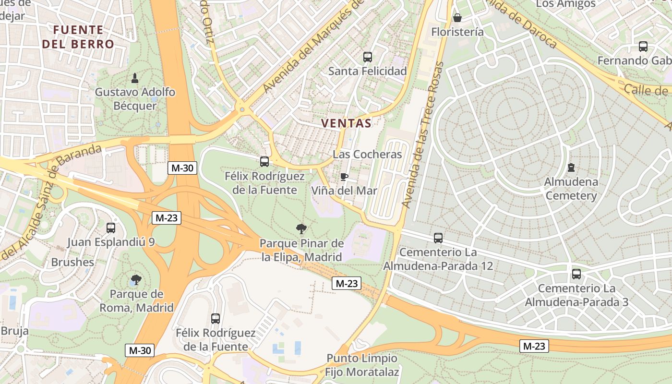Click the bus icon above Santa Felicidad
point(368,57)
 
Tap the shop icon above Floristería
point(457,18)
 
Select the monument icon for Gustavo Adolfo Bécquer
point(135,78)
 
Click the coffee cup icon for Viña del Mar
point(344,177)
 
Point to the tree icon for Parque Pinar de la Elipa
point(301,229)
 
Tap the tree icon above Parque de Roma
point(136,279)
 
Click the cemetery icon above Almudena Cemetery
point(571,168)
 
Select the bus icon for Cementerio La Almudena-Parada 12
point(438,238)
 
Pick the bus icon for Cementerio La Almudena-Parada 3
point(576,274)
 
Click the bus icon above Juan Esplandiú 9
point(111,228)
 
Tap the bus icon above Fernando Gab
point(643,47)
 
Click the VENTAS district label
point(346,123)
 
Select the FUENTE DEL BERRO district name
point(78,37)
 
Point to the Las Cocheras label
point(367,155)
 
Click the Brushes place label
point(72,262)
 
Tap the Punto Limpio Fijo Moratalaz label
point(362,365)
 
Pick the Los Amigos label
point(565,4)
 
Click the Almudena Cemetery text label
point(571,189)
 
